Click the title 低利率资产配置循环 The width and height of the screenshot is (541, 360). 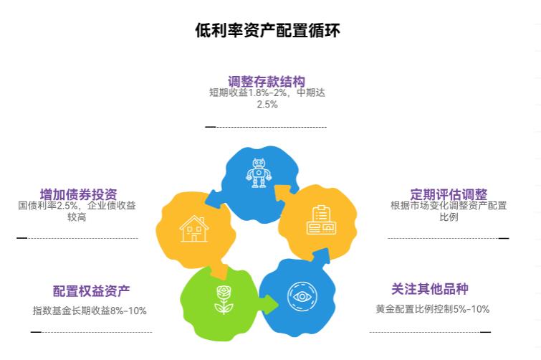click(268, 30)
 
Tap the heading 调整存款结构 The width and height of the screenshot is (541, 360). click(267, 82)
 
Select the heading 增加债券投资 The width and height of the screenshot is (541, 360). click(79, 194)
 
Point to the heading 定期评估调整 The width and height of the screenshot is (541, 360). click(449, 194)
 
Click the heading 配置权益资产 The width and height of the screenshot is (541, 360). click(92, 291)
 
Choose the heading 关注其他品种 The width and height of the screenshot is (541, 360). click(430, 289)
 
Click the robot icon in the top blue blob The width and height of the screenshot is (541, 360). click(259, 173)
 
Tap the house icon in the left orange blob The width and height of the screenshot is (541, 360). click(194, 229)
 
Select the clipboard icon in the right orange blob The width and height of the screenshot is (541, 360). click(321, 220)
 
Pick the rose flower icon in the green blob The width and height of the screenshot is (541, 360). click(224, 300)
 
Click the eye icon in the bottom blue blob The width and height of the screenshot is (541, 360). click(302, 296)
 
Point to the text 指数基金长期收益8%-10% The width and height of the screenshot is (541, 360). click(90, 311)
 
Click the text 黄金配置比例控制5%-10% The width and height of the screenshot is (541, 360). click(433, 309)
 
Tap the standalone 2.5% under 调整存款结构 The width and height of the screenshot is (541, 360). click(267, 104)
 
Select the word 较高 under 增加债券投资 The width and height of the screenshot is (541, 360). click(77, 217)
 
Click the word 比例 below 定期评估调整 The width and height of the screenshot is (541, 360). click(449, 217)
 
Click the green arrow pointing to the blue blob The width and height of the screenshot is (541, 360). click(269, 305)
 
